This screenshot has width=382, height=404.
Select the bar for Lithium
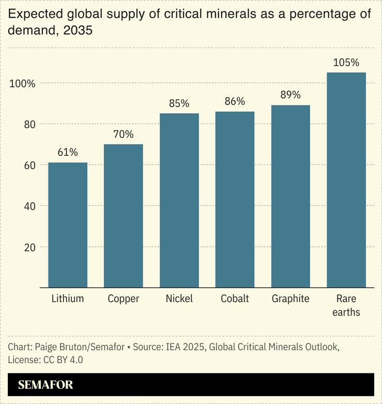(68, 225)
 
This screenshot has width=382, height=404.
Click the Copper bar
(124, 216)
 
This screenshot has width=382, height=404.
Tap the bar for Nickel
(179, 200)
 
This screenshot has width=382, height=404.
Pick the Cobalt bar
(235, 199)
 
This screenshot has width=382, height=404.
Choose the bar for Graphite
(291, 196)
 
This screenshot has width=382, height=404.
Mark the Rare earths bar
(346, 180)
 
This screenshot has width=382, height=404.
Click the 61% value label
(68, 152)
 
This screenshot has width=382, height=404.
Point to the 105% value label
(346, 63)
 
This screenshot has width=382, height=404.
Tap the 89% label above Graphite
(291, 95)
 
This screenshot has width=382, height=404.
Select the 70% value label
(124, 134)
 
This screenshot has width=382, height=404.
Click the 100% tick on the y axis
(22, 83)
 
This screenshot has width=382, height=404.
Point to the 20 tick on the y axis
(29, 247)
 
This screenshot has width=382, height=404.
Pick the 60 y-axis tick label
(29, 165)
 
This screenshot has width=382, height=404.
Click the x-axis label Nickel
(179, 299)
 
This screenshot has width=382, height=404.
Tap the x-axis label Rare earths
(346, 305)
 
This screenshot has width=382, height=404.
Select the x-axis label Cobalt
(235, 299)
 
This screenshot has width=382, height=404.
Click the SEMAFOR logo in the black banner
(45, 385)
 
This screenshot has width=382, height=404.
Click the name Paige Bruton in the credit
(57, 347)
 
